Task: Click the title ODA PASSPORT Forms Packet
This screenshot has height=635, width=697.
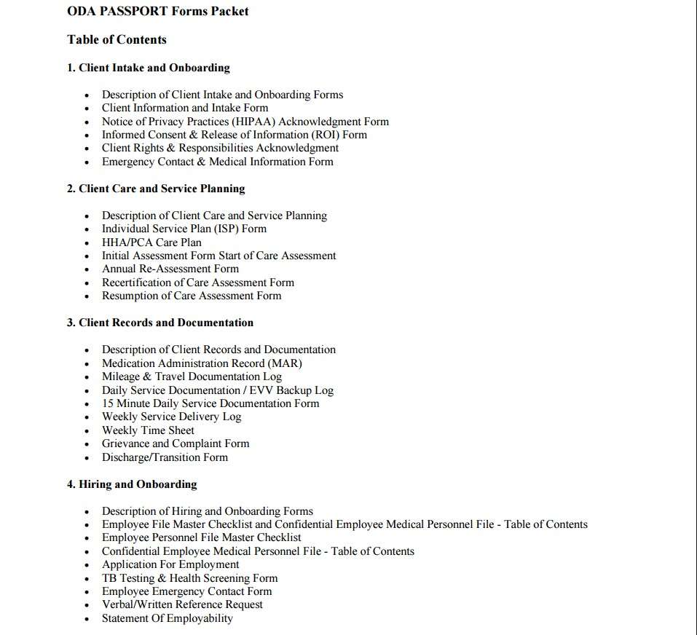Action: (x=157, y=11)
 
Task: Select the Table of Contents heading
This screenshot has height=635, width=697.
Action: (x=117, y=39)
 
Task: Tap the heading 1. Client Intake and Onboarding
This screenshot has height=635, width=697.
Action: (x=149, y=68)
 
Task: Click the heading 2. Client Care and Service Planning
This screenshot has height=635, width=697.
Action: (x=156, y=189)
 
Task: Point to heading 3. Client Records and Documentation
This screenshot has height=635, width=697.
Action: (x=160, y=323)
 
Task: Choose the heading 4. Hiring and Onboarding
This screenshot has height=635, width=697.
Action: (x=132, y=484)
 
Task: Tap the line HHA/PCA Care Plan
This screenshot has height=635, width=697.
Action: (x=151, y=242)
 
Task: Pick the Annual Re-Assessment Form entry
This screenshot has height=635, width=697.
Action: (x=170, y=269)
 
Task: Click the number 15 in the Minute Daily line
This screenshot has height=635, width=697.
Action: (x=108, y=403)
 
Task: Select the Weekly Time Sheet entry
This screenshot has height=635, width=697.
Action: (x=148, y=430)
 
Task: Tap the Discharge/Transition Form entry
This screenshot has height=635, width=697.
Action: (x=165, y=457)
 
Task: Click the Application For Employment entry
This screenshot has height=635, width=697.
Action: (x=170, y=564)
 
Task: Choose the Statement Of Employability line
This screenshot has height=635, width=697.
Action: (x=168, y=618)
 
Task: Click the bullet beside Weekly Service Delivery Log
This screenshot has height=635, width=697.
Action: (x=87, y=418)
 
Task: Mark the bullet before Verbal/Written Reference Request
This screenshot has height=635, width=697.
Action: (x=87, y=606)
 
